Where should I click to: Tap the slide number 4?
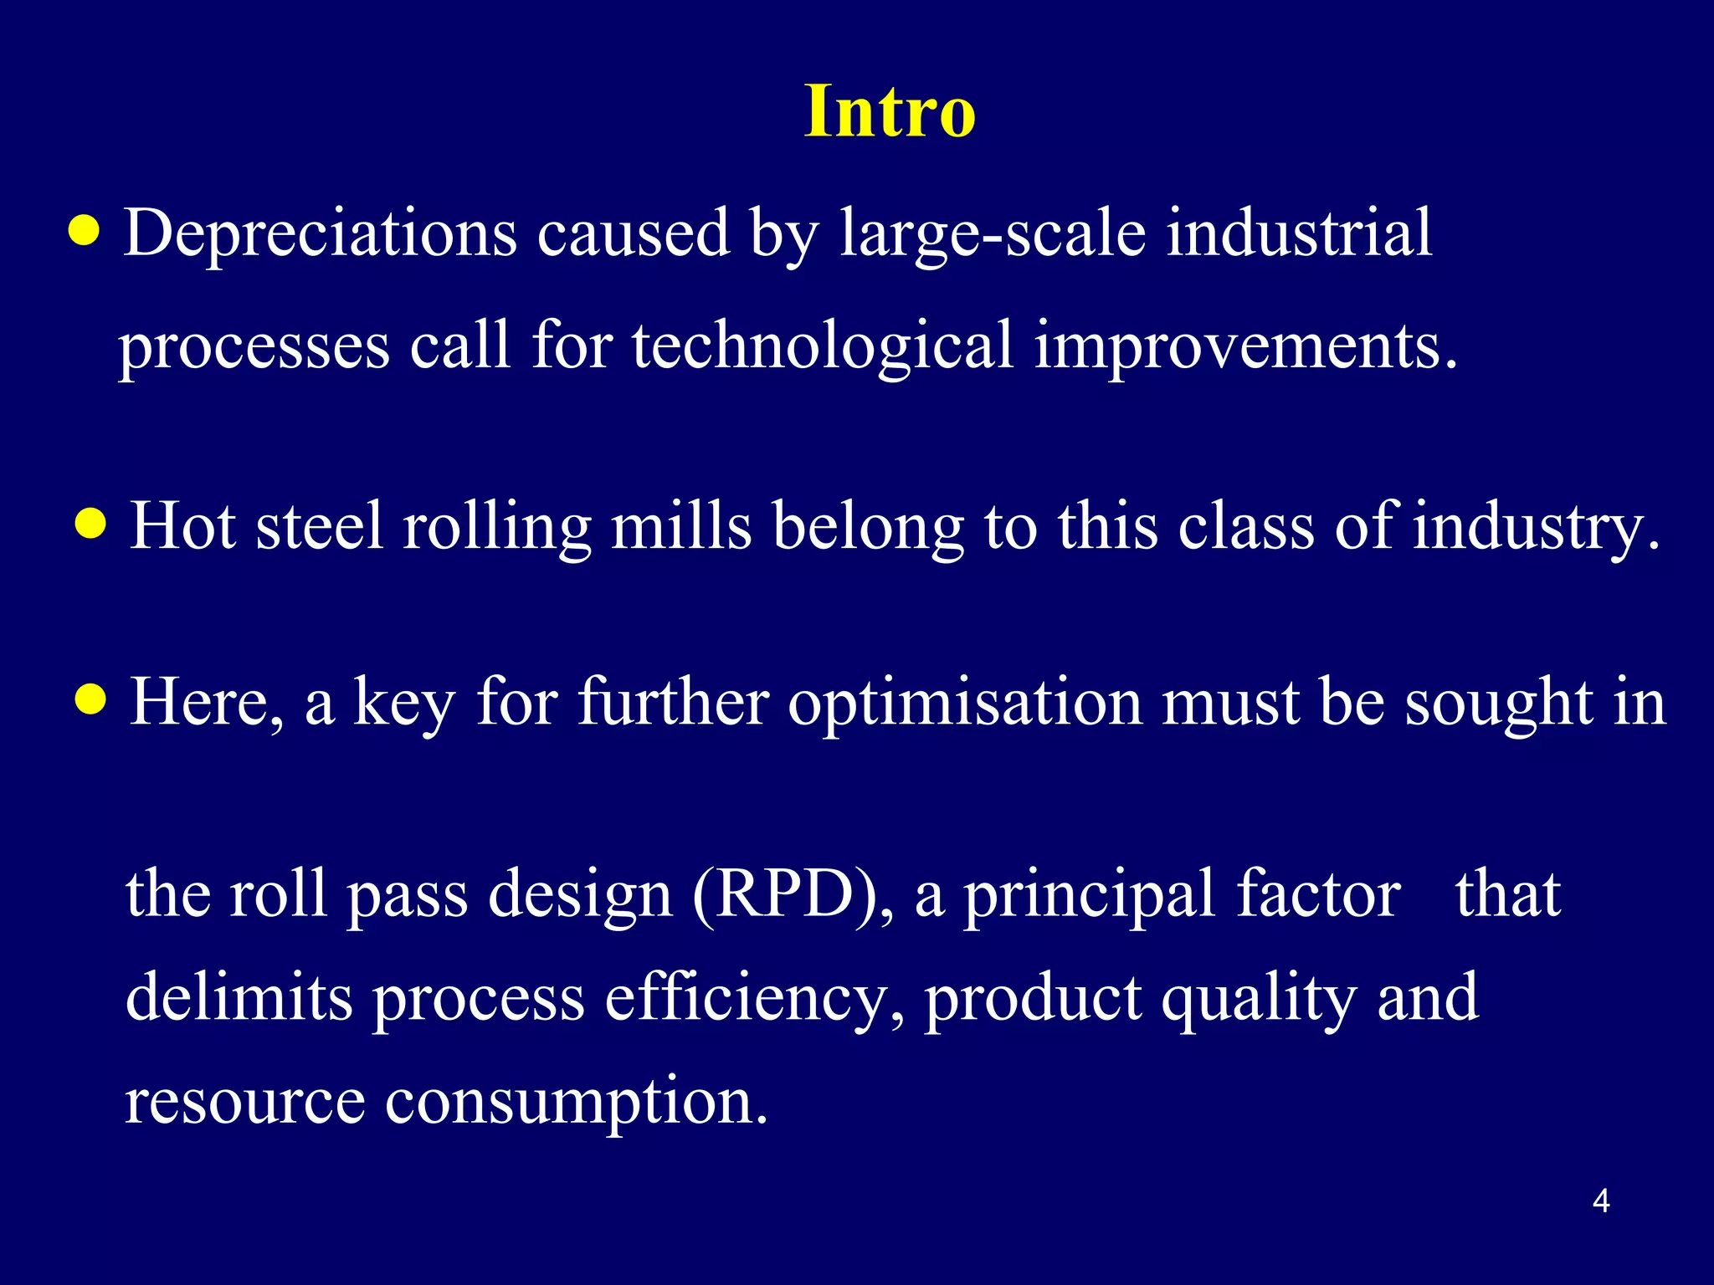pyautogui.click(x=1601, y=1201)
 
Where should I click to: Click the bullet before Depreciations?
pyautogui.click(x=84, y=232)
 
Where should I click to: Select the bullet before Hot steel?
pyautogui.click(x=90, y=525)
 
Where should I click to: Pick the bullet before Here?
pyautogui.click(x=90, y=699)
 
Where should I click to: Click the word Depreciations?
pyautogui.click(x=321, y=234)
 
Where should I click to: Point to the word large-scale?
pyautogui.click(x=993, y=234)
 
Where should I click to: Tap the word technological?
pyautogui.click(x=823, y=346)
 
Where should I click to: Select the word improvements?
pyautogui.click(x=1245, y=346)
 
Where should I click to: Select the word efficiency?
pyautogui.click(x=753, y=999)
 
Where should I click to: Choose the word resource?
pyautogui.click(x=244, y=1103)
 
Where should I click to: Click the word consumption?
pyautogui.click(x=576, y=1103)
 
